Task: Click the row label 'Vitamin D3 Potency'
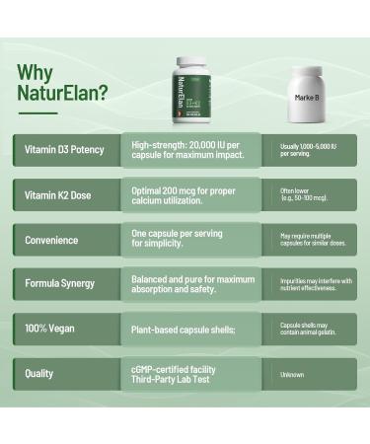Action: [65, 150]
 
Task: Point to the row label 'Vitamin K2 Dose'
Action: [58, 194]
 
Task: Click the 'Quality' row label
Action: [39, 373]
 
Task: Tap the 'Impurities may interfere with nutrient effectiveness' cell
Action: [315, 284]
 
